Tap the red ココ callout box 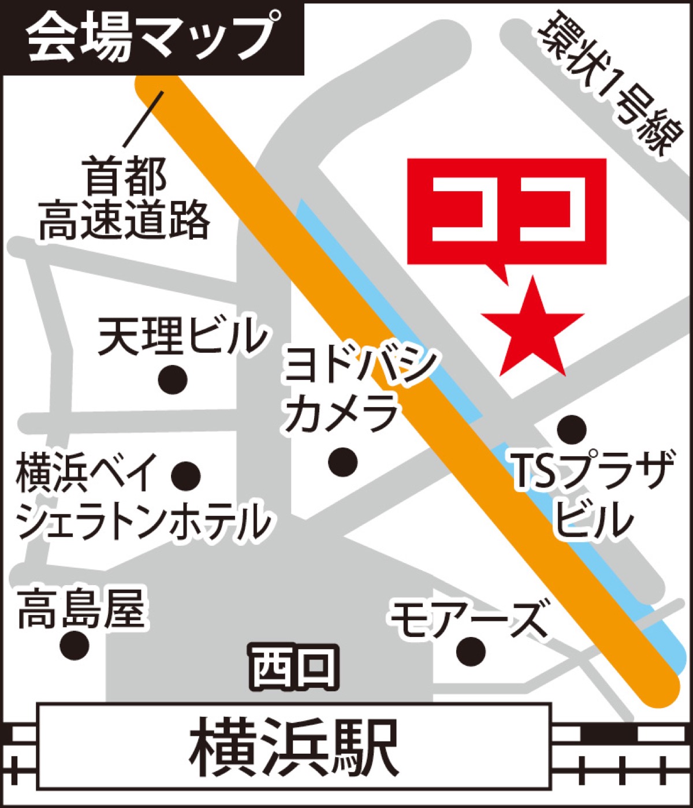coord(506,211)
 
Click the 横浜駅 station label coord(294,747)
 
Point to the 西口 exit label coord(294,667)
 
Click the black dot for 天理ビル coord(173,380)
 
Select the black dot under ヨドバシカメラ coord(342,462)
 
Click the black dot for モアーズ coord(470,651)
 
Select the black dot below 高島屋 coord(75,645)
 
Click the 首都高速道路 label coord(124,199)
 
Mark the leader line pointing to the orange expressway coord(143,118)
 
